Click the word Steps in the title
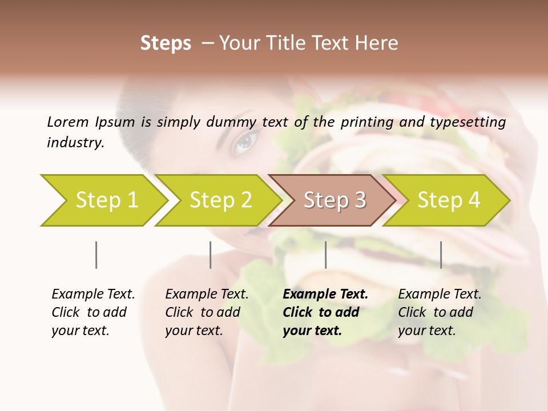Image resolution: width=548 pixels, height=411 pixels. [x=166, y=43]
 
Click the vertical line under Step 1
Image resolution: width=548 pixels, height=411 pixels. [x=96, y=255]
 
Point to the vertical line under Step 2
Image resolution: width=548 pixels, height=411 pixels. [x=211, y=255]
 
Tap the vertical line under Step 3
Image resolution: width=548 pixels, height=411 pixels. [x=325, y=255]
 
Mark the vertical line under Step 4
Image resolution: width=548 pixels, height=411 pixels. [x=441, y=255]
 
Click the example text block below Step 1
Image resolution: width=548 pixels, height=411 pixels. [x=93, y=312]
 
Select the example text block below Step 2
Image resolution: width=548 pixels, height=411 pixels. [x=207, y=312]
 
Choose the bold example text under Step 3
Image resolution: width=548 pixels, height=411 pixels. [x=325, y=312]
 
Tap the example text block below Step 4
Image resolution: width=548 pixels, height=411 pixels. [x=440, y=312]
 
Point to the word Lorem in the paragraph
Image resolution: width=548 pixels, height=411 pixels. [x=67, y=122]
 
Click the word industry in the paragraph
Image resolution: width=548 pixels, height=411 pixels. [x=75, y=143]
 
